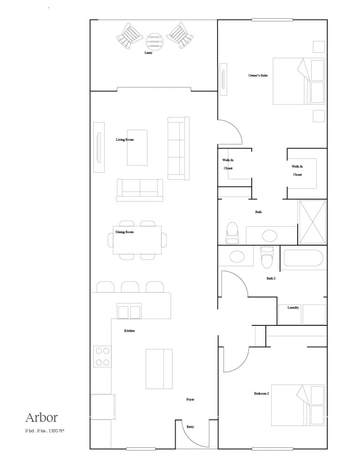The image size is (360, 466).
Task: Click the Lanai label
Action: [x=148, y=53]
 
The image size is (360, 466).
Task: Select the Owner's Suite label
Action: [x=258, y=75]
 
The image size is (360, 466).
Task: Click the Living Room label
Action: [x=125, y=139]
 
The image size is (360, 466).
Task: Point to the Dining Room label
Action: [x=125, y=232]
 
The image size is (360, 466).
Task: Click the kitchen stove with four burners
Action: [x=102, y=356]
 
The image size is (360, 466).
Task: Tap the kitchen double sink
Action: [x=129, y=311]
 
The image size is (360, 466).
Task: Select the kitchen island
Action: [x=159, y=369]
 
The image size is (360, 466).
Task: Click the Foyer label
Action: [x=190, y=399]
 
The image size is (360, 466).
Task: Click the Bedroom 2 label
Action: [x=262, y=393]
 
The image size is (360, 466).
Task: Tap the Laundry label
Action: [x=293, y=308]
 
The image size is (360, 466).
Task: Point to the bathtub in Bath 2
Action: [x=303, y=258]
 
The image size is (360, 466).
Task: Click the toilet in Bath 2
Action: [x=267, y=257]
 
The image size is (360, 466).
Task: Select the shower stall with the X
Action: [x=313, y=222]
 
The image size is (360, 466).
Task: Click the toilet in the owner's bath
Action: [x=232, y=233]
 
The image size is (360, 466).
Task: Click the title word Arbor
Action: [x=42, y=418]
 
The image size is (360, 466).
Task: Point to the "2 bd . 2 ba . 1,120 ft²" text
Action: [x=45, y=430]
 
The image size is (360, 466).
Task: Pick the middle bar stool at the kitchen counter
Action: [x=130, y=287]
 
